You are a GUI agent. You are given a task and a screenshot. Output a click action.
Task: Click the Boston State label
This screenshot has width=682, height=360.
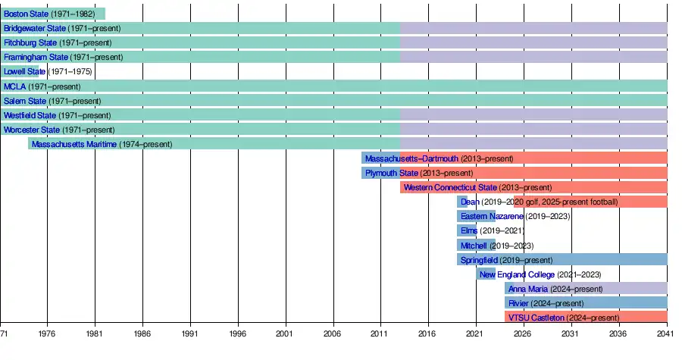(x=26, y=14)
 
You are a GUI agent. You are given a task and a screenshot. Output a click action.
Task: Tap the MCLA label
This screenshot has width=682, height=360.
(x=14, y=86)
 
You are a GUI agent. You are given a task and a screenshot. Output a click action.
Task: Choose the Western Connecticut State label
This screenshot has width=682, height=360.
(x=450, y=187)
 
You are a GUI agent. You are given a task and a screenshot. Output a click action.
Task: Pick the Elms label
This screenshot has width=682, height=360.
(x=469, y=230)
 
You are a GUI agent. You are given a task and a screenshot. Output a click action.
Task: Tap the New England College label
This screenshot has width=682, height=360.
(x=517, y=274)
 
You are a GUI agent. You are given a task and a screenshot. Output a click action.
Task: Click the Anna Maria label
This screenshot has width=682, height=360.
(x=528, y=289)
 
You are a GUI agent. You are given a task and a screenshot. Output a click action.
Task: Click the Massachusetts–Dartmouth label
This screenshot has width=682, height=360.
(x=411, y=158)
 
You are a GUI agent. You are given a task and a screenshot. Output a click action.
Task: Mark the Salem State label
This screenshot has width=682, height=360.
(x=25, y=101)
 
